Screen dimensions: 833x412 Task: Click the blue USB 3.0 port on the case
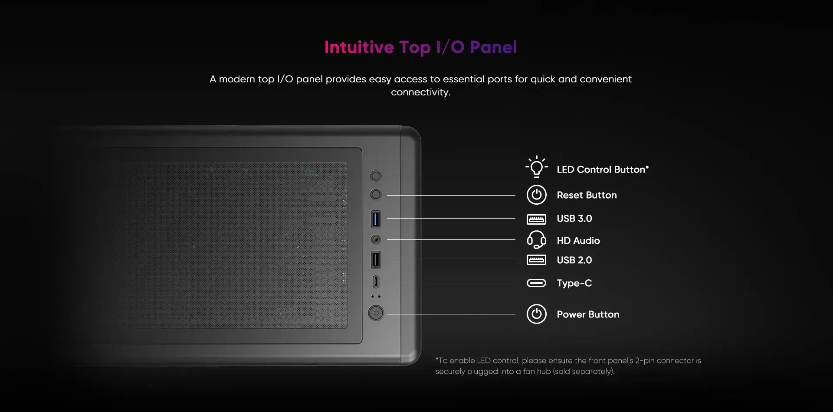point(376,219)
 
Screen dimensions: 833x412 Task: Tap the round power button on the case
point(376,313)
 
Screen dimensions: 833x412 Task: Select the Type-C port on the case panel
point(376,282)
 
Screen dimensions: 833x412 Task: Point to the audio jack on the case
point(376,239)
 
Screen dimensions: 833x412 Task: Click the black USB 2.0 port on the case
point(376,260)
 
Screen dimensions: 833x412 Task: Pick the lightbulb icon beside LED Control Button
point(537,167)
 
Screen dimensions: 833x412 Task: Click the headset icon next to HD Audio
point(537,239)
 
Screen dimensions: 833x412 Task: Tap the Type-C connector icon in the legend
point(537,283)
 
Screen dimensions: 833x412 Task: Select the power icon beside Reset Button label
point(537,195)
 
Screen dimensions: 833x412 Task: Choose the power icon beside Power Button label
point(537,314)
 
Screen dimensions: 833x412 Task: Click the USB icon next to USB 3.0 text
point(537,219)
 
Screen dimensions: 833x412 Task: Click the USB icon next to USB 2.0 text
point(537,260)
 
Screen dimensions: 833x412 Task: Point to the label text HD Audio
point(578,241)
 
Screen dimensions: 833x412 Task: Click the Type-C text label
point(574,283)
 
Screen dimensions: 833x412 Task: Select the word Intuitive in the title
point(359,47)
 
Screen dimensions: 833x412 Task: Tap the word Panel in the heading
point(493,47)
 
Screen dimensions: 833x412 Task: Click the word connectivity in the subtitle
point(421,92)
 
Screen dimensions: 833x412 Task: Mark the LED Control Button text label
point(603,170)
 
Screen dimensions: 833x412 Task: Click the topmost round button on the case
point(376,176)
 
